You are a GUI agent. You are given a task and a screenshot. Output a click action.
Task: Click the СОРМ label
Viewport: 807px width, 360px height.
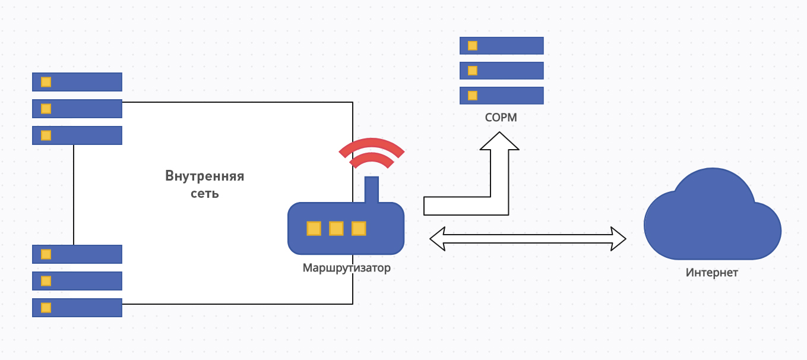501,118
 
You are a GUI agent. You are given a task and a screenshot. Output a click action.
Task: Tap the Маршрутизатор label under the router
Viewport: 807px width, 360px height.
347,267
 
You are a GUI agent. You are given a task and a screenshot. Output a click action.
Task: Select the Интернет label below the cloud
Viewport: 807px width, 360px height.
712,273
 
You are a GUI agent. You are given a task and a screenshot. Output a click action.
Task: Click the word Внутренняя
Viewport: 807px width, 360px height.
205,176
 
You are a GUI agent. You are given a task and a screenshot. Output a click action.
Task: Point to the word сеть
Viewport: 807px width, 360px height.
205,193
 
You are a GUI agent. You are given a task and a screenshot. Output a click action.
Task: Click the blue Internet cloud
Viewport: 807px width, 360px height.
712,220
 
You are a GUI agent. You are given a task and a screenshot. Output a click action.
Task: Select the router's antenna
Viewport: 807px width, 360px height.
371,190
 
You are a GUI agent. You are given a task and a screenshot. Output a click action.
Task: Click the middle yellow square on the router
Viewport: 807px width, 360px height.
336,228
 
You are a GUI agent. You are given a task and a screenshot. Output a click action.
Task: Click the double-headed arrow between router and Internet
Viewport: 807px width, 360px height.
527,239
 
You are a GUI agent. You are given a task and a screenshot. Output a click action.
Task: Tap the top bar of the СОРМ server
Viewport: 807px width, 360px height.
502,46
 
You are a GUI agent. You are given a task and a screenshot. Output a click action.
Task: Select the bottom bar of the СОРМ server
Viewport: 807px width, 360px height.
502,95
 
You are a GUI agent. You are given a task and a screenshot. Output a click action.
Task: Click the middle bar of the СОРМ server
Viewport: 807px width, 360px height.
502,71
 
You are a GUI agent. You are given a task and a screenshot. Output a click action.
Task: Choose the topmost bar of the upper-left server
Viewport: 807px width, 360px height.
77,81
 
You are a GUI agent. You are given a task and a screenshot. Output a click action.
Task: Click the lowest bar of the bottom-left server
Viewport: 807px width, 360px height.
77,307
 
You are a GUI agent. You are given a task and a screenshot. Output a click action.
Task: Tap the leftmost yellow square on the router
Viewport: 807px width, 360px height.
314,228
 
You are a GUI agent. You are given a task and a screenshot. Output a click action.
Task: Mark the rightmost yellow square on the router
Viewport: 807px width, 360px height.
359,228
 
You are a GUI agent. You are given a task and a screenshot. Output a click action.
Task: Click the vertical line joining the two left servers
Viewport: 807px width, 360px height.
74,195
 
